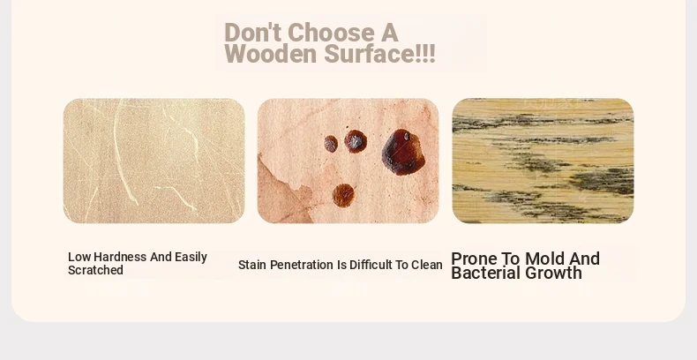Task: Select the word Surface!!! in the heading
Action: (x=379, y=54)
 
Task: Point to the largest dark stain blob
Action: (x=403, y=152)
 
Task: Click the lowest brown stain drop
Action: (x=343, y=195)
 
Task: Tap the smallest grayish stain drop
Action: (x=331, y=144)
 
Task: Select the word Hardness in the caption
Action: (x=120, y=257)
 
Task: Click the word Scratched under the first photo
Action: (x=95, y=270)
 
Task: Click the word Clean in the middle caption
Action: (x=427, y=265)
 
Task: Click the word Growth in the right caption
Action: (x=554, y=273)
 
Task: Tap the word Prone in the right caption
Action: (x=474, y=259)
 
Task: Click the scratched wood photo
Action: (x=154, y=161)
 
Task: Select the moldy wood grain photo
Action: (x=543, y=161)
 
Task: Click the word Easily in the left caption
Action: (x=191, y=257)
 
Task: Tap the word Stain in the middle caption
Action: (x=252, y=265)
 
